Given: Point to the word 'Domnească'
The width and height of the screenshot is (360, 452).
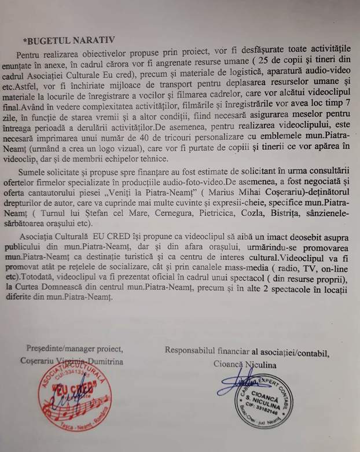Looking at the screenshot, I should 102,307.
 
